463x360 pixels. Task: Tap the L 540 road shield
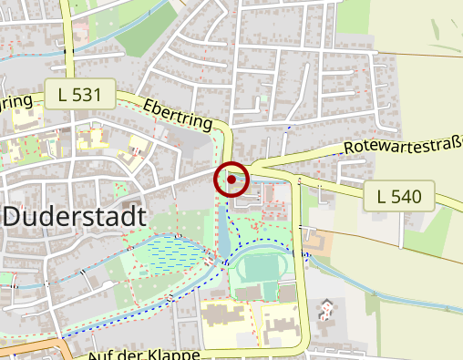(398, 195)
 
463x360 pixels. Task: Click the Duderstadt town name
(75, 218)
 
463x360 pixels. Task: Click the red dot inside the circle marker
(231, 180)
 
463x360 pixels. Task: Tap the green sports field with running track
(259, 271)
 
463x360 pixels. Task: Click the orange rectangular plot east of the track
(322, 242)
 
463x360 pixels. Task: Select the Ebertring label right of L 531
(178, 113)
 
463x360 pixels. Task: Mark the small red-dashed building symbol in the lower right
(326, 310)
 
